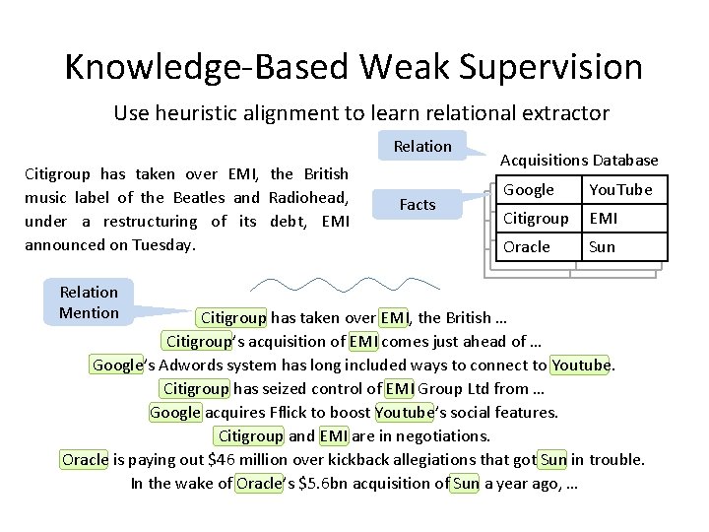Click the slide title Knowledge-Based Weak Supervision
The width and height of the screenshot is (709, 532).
354,67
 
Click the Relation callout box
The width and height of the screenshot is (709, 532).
422,146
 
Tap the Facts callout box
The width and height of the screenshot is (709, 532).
418,204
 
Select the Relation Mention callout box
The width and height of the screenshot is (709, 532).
89,302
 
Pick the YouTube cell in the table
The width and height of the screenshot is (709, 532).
620,190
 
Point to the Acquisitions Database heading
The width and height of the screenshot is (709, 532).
579,160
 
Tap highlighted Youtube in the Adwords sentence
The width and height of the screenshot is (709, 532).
581,366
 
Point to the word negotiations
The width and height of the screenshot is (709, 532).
440,436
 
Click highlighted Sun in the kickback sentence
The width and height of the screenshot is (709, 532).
553,460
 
